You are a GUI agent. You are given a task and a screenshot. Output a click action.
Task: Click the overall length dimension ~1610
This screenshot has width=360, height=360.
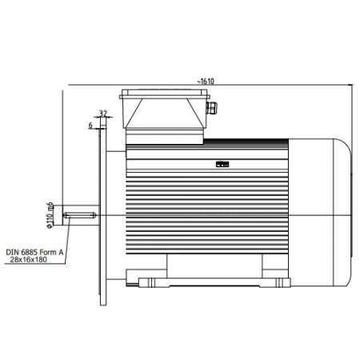point(206,82)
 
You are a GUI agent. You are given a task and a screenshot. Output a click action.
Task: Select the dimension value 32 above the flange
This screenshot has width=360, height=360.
point(103,114)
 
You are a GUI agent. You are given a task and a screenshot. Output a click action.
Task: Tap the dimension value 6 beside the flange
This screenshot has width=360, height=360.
point(90,125)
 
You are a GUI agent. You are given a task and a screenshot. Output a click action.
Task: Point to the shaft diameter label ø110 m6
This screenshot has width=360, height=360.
point(50,215)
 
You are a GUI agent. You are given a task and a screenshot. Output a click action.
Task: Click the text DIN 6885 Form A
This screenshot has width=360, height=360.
point(34,252)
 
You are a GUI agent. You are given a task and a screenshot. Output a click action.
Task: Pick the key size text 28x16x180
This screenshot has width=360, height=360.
point(29,259)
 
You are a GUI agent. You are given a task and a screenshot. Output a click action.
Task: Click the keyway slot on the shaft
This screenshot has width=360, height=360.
point(79,215)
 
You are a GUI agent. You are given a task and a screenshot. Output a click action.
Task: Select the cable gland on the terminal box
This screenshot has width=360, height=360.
point(212,107)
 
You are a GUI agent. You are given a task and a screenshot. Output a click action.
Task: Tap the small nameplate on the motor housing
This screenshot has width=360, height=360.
point(222,164)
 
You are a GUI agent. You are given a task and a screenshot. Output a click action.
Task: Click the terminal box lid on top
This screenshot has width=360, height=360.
point(165,94)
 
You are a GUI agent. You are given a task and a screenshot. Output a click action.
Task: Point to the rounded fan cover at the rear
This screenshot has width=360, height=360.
point(320,213)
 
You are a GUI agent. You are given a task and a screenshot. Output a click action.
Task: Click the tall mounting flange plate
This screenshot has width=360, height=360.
point(103,215)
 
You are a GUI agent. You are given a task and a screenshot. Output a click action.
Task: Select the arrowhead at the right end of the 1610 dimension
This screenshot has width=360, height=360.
point(351,85)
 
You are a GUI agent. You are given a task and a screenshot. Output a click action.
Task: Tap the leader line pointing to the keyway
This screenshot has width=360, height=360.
point(67,239)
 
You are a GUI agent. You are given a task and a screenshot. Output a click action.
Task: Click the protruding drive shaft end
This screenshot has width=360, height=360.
point(81,215)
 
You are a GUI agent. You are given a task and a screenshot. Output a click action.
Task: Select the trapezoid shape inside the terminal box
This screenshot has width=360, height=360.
point(165,114)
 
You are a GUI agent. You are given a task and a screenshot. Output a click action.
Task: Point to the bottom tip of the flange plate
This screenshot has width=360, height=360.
point(103,306)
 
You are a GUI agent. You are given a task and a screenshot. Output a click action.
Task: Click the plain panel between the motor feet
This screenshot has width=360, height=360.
point(214,266)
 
